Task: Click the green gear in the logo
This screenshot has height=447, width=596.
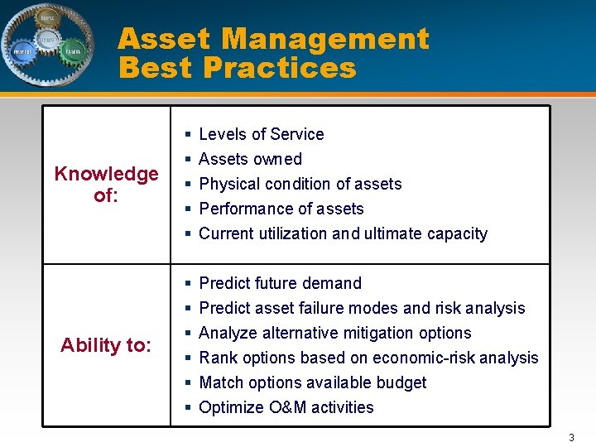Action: (73, 50)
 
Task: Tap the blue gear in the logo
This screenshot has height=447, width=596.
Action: (22, 51)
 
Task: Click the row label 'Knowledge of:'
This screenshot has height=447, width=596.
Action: (106, 184)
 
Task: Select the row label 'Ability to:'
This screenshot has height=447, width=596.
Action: (106, 345)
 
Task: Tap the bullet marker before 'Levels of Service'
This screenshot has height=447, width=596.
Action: (189, 134)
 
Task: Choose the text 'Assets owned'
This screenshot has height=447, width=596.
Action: (250, 159)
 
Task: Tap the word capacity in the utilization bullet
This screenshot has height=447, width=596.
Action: (457, 233)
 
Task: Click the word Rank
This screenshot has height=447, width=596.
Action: (218, 358)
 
